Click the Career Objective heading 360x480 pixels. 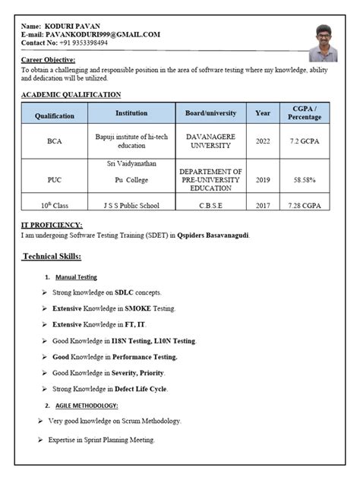(48, 59)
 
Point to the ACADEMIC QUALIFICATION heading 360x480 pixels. (71, 95)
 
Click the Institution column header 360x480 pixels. (131, 113)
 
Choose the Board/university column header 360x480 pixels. (210, 113)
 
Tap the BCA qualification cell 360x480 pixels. (55, 141)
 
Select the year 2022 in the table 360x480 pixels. (262, 141)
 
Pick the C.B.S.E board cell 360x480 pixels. (210, 205)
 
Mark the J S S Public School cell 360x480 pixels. (131, 205)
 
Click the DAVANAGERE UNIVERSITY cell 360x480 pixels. (210, 141)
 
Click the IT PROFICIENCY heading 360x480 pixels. (52, 225)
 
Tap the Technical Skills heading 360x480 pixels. (57, 257)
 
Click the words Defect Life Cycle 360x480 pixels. (141, 389)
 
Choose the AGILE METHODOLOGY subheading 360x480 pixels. (86, 406)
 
